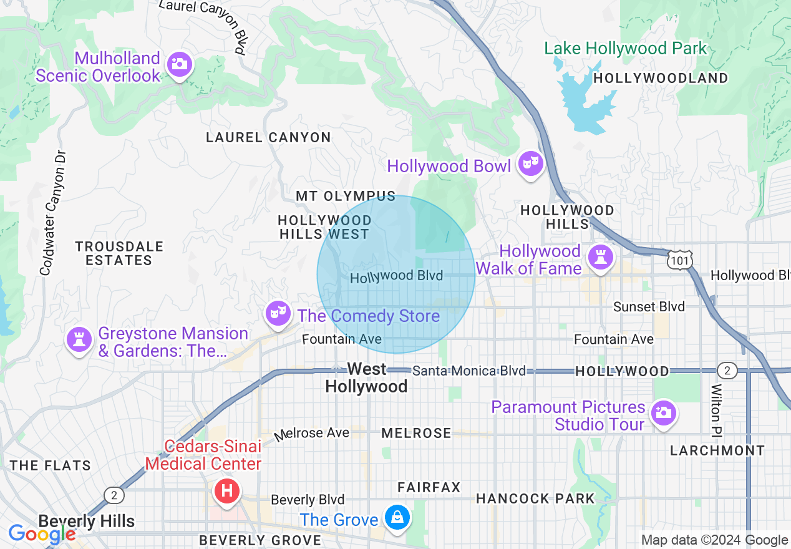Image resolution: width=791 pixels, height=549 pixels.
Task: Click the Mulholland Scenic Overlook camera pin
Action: [180, 64]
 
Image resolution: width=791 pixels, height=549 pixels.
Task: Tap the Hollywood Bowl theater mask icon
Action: [531, 164]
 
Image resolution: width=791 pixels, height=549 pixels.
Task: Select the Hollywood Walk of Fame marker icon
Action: [600, 258]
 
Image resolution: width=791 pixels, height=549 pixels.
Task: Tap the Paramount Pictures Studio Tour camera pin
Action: [662, 413]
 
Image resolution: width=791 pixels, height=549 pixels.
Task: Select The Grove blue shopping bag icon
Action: [396, 518]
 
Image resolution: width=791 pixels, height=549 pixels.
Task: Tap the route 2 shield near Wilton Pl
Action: [726, 371]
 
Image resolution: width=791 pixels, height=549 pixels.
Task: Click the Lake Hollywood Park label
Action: [625, 49]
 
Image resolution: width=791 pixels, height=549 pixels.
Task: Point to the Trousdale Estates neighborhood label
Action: [119, 253]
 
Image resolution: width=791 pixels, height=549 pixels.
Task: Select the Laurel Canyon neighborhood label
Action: [268, 137]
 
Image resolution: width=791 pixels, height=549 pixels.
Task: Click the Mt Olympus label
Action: [346, 196]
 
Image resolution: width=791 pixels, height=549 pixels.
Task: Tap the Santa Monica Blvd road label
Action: [469, 371]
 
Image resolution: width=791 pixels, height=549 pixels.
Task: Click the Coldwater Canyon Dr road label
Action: [54, 212]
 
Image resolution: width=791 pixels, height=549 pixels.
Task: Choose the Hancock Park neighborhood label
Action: [535, 498]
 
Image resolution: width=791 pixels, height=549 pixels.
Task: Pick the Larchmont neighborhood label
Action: [717, 450]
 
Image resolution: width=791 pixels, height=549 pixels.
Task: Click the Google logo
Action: [41, 534]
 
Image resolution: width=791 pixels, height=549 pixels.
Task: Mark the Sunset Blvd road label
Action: [649, 306]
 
